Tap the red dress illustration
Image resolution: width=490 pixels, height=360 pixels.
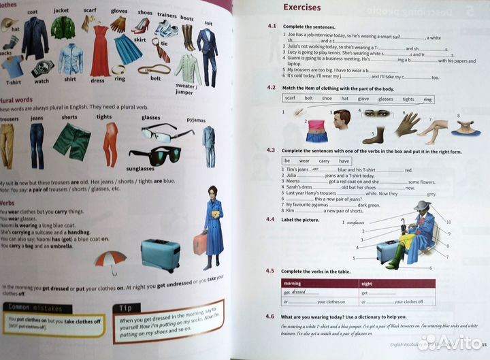coord(99,49)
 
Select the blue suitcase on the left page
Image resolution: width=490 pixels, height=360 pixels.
coord(160,254)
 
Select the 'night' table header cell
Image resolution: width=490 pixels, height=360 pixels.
coord(367,282)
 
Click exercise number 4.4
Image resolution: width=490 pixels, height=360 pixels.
coord(270,219)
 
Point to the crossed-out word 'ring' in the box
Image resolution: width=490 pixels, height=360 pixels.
coord(427,99)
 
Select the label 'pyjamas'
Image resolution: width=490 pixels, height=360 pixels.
coord(195,120)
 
